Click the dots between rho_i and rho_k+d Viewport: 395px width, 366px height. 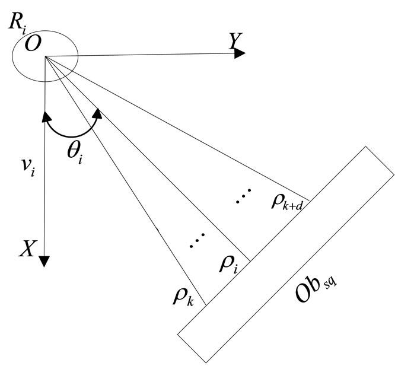pos(243,196)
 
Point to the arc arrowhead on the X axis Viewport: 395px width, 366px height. pos(44,114)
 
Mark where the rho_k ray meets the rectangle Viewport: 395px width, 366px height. pos(205,305)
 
